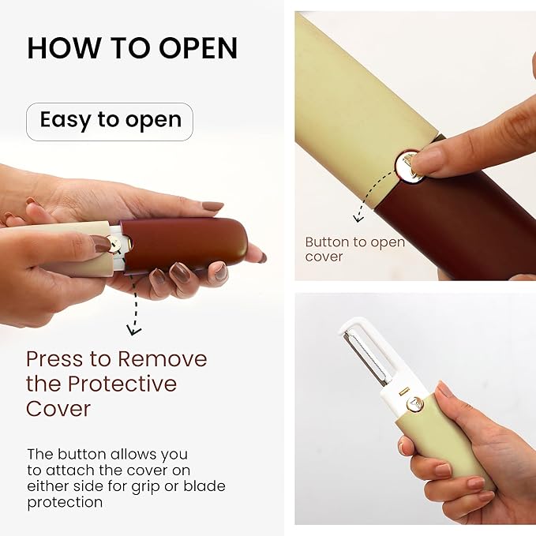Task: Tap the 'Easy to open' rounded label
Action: (110, 121)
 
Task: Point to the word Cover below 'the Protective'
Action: (58, 409)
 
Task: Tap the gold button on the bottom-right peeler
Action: (413, 404)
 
